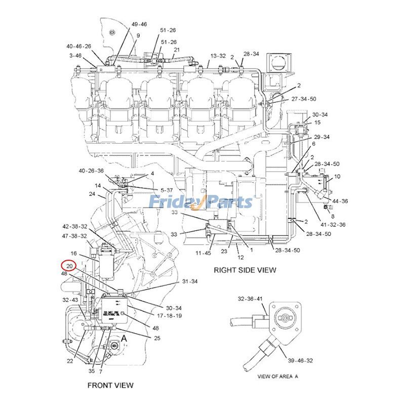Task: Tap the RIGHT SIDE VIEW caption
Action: (245, 270)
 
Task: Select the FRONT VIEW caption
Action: (110, 385)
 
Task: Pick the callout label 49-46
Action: (139, 24)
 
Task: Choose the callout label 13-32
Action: (218, 56)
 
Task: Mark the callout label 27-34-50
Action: (318, 99)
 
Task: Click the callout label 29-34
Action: (322, 137)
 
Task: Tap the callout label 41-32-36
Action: (333, 224)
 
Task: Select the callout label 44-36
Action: (340, 201)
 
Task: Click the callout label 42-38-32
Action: (75, 226)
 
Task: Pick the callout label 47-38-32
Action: (75, 236)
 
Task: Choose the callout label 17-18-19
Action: (170, 315)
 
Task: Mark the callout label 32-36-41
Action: (251, 299)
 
